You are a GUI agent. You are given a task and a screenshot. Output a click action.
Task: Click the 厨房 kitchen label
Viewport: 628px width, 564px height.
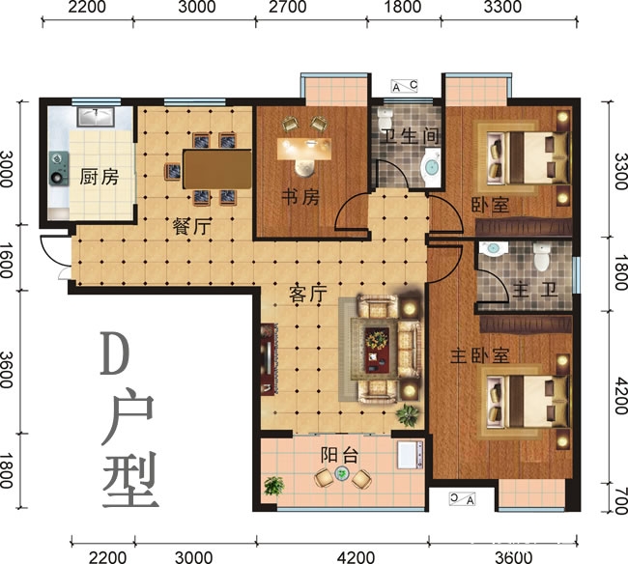[100, 177]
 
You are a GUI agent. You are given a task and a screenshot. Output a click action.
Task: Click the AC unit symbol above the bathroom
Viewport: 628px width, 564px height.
[405, 86]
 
